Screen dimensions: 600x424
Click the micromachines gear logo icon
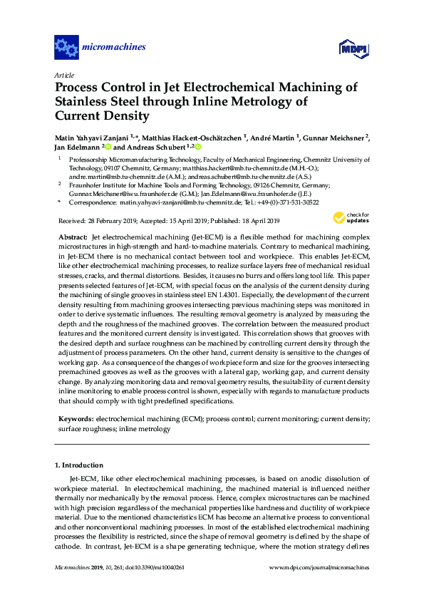click(66, 48)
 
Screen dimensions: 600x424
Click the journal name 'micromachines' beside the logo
click(115, 48)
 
